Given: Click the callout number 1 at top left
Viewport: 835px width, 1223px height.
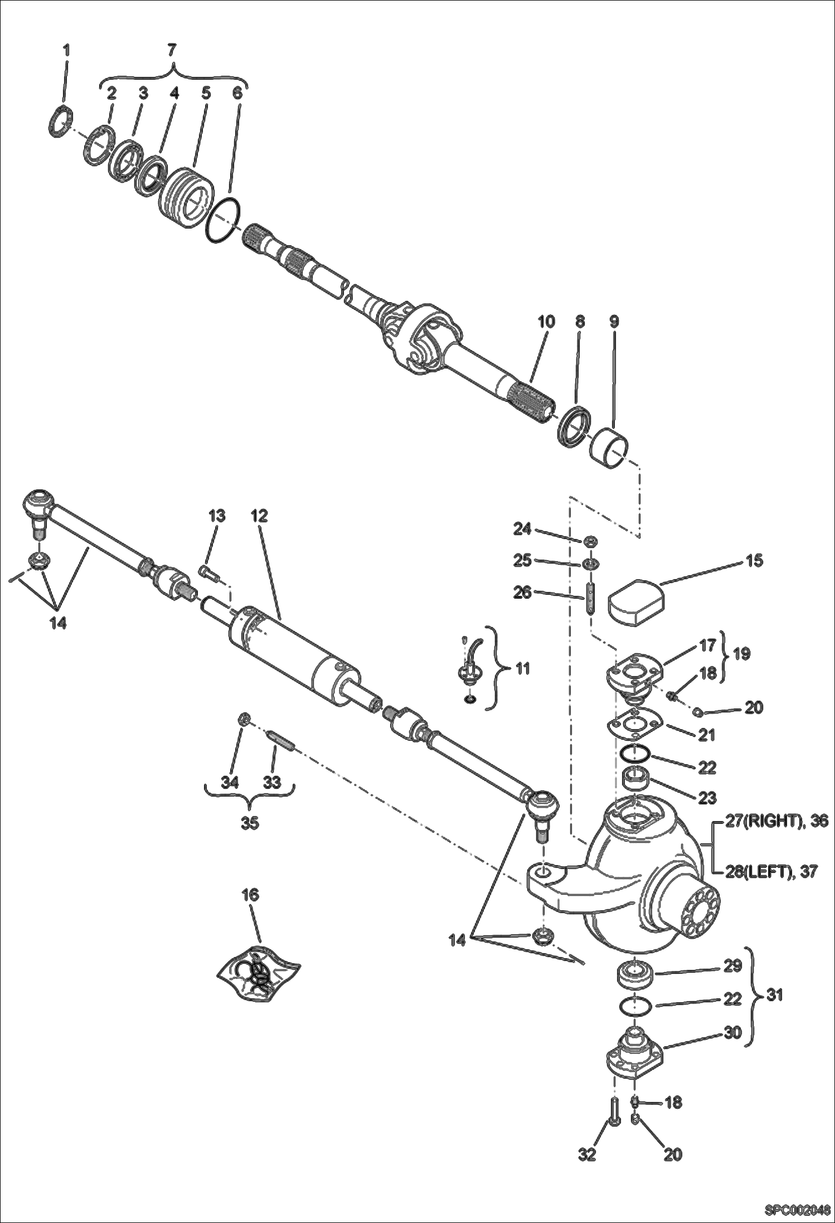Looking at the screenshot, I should [66, 50].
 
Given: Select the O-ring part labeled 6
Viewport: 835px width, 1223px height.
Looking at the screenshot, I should [223, 221].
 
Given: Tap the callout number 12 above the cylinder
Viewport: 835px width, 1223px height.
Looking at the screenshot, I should [260, 516].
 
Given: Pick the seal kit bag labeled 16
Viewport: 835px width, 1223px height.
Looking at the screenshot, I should [258, 973].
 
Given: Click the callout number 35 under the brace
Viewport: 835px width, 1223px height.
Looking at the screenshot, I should [250, 823].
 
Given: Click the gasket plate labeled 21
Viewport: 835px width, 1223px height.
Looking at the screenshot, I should [634, 724].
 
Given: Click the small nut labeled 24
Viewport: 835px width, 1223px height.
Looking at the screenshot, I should [590, 540].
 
